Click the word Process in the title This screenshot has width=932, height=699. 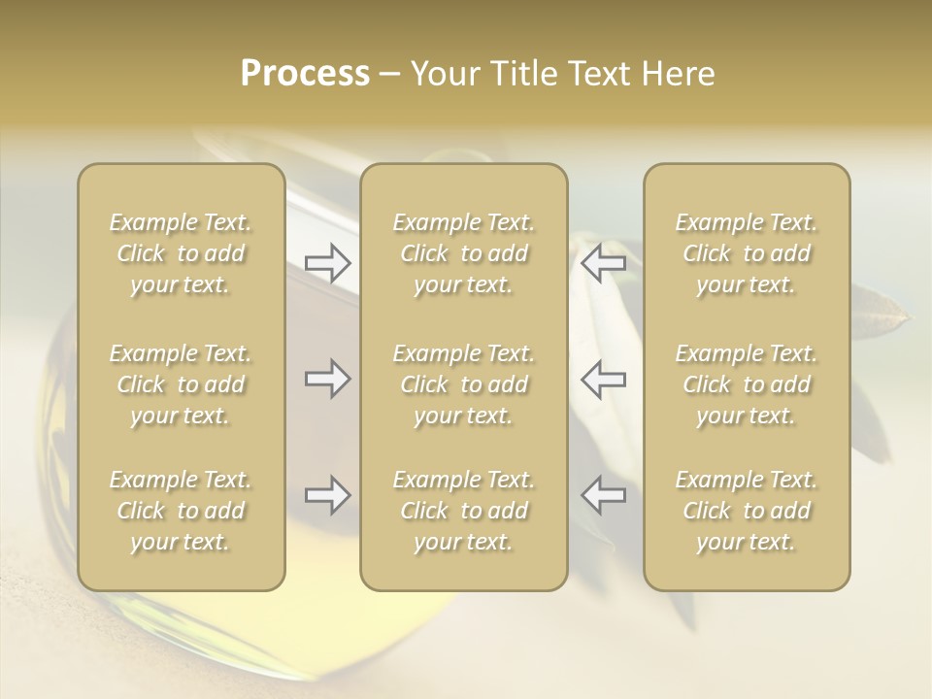tap(305, 74)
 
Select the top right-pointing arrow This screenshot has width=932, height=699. tap(328, 262)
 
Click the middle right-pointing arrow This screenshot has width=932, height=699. tap(328, 379)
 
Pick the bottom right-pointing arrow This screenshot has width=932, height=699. tap(328, 495)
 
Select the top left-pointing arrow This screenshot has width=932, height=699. tap(603, 262)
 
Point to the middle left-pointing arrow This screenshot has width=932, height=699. tap(603, 379)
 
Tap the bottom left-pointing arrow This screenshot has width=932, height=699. tap(603, 495)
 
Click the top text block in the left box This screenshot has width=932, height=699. tap(181, 253)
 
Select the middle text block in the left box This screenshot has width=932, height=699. tap(181, 384)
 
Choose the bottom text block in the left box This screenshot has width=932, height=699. tap(181, 511)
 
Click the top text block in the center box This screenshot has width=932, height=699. tap(464, 253)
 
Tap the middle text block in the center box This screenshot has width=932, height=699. tap(464, 384)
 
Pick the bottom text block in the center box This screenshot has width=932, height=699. tap(464, 511)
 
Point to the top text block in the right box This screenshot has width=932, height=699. tap(747, 253)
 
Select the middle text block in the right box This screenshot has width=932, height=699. tap(747, 384)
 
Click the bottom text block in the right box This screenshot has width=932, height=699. tap(747, 511)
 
